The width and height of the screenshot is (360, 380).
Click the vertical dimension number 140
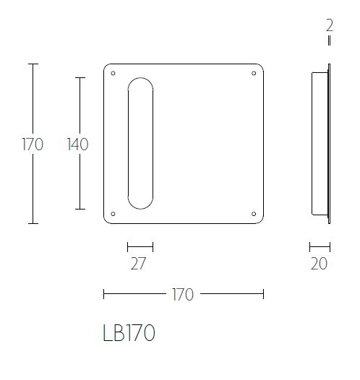(77, 144)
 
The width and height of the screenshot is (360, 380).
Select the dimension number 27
(139, 264)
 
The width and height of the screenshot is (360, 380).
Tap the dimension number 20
(319, 264)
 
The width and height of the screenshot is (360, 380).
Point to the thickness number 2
(330, 25)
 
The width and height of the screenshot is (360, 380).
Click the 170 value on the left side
(33, 144)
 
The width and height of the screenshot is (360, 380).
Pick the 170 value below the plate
(183, 294)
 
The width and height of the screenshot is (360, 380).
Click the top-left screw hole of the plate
(113, 73)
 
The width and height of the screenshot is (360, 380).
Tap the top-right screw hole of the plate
(253, 73)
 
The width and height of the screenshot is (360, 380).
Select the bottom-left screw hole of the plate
(113, 213)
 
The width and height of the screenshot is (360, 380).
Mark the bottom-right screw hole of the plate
(253, 213)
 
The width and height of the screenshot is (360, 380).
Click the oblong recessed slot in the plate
(140, 144)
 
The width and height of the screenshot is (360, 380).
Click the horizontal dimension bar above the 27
(140, 247)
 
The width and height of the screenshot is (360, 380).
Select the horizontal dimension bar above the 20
(320, 247)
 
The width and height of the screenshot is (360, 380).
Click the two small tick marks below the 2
(330, 41)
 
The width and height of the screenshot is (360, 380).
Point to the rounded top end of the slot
(140, 83)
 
